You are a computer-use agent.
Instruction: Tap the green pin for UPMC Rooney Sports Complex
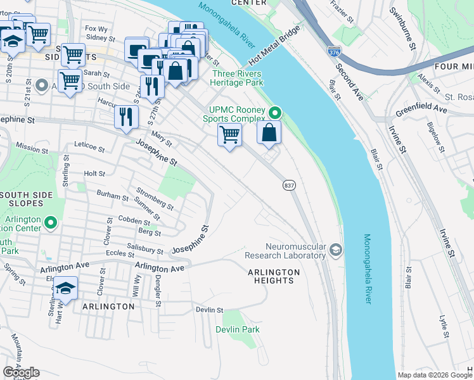pos(275,113)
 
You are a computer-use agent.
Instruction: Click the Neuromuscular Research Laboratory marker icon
pos(336,251)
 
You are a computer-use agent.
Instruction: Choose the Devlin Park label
pos(238,329)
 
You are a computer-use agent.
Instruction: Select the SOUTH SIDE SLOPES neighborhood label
pos(22,198)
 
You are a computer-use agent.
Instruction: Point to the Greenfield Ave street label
pos(421,110)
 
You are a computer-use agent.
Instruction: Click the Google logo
pos(21,372)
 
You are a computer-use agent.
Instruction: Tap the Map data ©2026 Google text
pos(435,375)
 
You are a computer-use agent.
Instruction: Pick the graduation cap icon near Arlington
pos(65,288)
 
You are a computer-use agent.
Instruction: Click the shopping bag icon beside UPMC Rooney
pos(269,132)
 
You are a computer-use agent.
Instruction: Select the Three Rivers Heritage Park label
pos(236,78)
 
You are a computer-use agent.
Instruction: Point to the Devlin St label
pos(210,310)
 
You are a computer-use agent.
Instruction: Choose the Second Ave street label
pos(350,80)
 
